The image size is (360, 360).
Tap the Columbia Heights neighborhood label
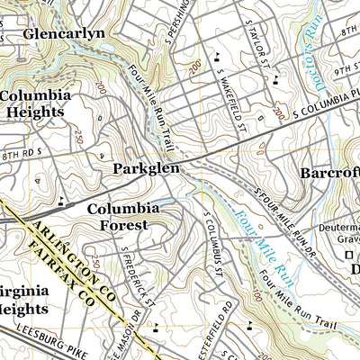[33, 103]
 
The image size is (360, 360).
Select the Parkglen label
[146, 168]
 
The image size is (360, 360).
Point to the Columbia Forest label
[123, 217]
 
